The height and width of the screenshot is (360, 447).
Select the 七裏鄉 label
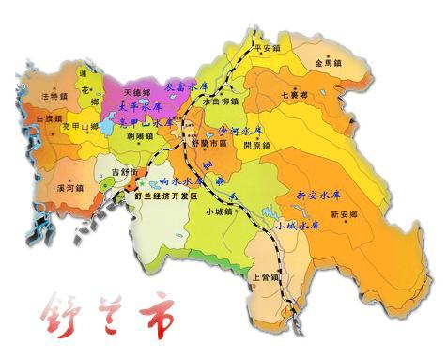pyautogui.click(x=294, y=95)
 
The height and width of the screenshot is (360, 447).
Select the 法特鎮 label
pyautogui.click(x=55, y=96)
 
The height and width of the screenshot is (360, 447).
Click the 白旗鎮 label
pyautogui.click(x=48, y=118)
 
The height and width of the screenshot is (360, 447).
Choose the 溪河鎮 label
pyautogui.click(x=69, y=187)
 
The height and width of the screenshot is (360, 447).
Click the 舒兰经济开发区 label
pyautogui.click(x=167, y=196)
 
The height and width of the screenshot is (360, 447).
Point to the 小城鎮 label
pyautogui.click(x=219, y=211)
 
